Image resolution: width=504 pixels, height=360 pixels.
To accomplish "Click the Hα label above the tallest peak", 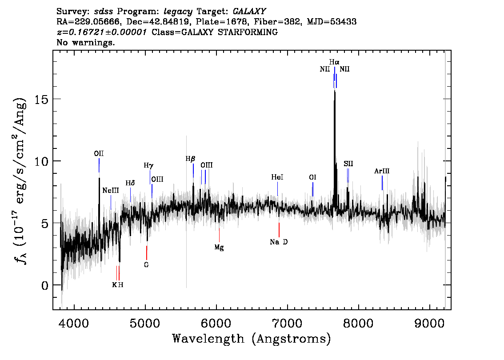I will [334, 62].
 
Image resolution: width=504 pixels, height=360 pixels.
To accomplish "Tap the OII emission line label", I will [99, 153].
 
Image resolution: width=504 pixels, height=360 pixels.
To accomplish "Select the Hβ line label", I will [190, 159].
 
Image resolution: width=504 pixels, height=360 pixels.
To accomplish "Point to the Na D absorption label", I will [279, 242].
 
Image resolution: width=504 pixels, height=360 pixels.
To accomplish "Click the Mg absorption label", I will [219, 248].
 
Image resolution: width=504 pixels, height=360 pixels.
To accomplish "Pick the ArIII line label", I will [382, 171].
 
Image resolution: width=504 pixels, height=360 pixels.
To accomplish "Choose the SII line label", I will [348, 164].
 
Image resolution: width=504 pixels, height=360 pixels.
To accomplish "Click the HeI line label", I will [277, 177].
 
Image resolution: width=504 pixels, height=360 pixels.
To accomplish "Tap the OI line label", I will [312, 177].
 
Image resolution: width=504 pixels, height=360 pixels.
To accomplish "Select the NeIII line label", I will [111, 191].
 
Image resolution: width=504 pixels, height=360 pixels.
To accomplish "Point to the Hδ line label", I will [130, 183].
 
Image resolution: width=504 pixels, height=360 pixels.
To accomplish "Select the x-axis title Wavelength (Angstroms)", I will [252, 339].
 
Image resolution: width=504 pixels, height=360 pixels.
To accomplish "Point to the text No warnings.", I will [86, 43].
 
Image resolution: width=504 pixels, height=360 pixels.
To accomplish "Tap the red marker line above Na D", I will [279, 230].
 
